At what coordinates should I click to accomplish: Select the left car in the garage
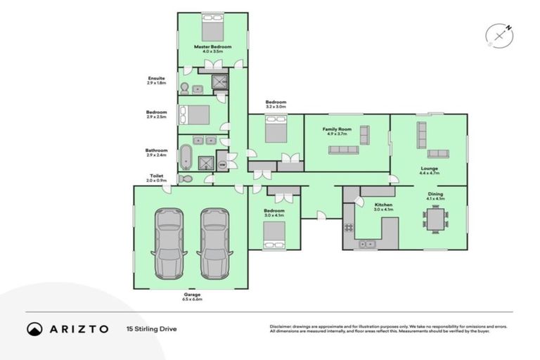pos(169,243)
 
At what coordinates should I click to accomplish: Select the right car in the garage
pos(215,243)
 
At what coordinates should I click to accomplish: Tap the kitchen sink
pos(366,244)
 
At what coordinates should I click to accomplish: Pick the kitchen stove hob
pos(348,228)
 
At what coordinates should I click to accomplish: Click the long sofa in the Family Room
pos(343,150)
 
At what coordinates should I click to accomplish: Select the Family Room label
pos(337,129)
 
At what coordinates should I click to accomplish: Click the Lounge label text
pos(429,169)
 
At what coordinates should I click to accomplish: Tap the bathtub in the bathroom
pos(186,157)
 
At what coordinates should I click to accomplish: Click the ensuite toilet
pos(184,88)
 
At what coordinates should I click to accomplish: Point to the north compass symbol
pos(499,35)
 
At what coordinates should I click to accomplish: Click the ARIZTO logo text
pos(77,328)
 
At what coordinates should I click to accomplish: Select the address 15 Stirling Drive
pos(153,328)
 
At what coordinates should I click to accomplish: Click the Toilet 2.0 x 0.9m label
pos(156,178)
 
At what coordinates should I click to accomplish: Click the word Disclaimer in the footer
pos(281,326)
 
